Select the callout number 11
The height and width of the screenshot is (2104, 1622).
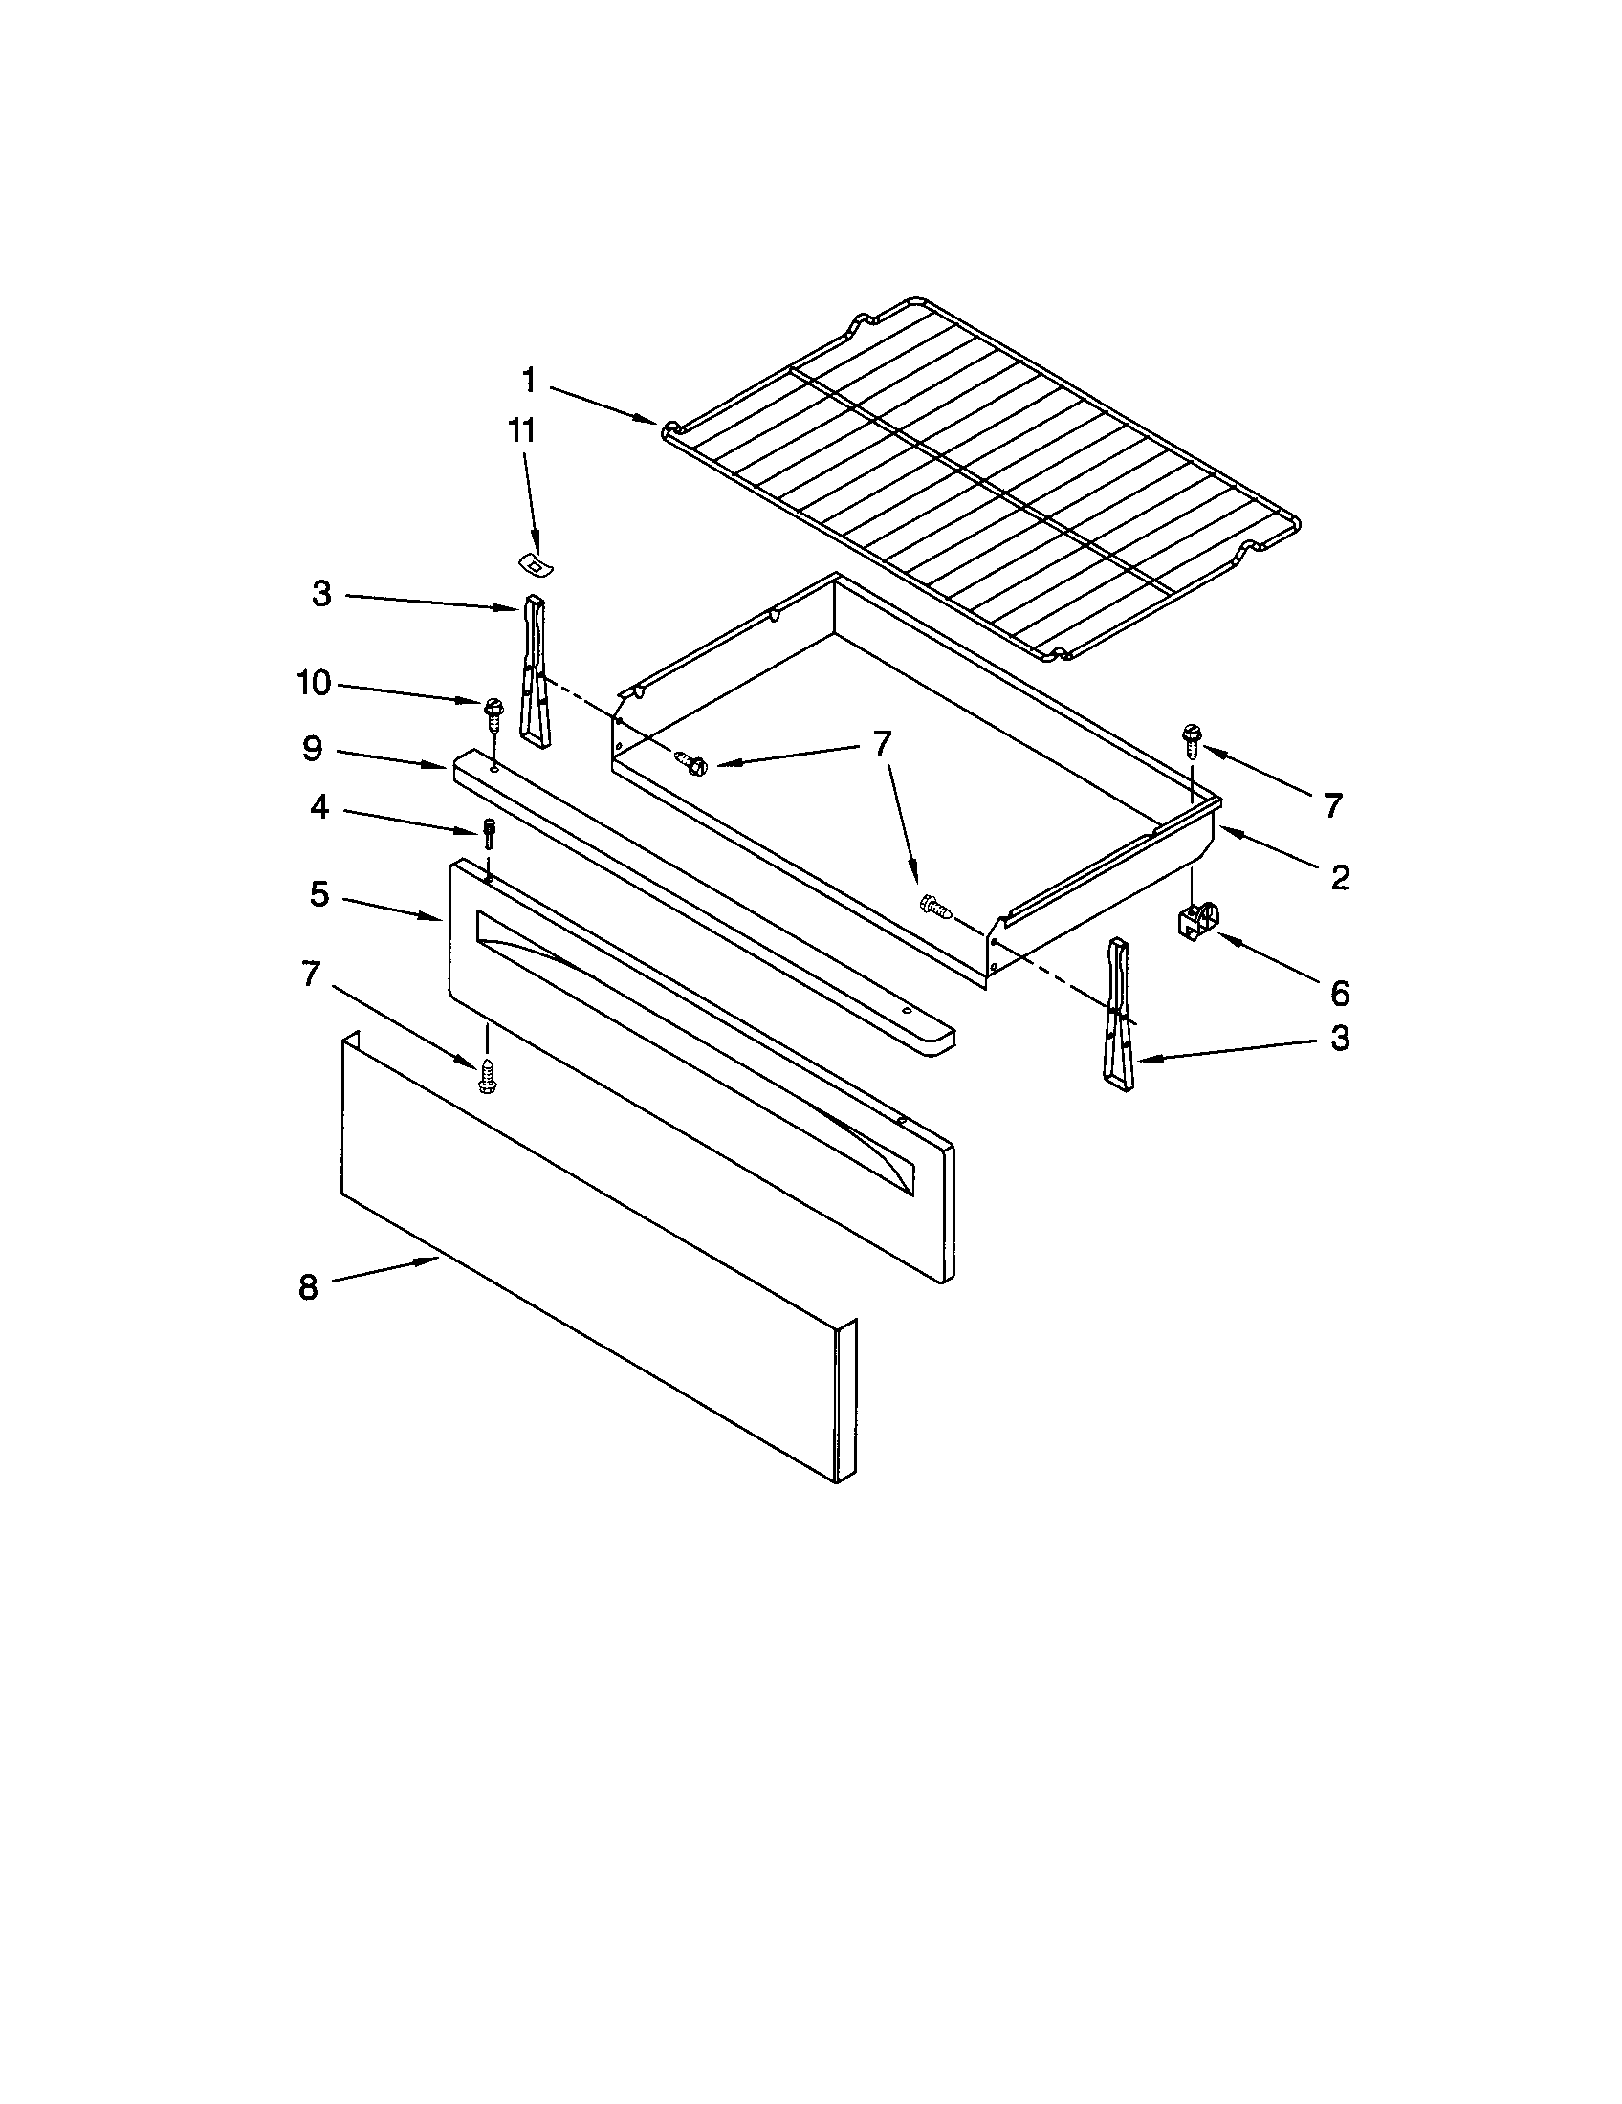521,430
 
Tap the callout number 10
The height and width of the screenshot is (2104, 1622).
314,683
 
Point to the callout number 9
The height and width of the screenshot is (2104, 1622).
312,749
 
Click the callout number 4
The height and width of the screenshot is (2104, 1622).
318,806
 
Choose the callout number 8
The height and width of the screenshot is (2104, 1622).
308,1287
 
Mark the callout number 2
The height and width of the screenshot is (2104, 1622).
1340,877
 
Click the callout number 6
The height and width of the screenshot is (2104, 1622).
1340,993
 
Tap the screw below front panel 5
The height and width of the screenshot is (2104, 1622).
488,1075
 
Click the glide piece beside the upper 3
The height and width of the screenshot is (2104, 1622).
534,670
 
